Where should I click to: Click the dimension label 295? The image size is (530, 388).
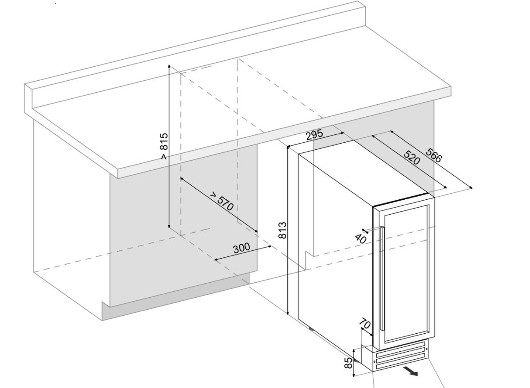pos(315,135)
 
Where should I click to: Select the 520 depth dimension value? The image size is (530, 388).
pos(411,158)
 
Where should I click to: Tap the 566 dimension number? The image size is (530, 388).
pos(434,156)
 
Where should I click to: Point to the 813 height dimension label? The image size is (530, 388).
pos(282,230)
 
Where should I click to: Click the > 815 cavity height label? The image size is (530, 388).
pos(163,146)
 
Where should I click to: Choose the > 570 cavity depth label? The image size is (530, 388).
pos(221,201)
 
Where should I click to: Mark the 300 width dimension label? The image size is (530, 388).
pos(241,248)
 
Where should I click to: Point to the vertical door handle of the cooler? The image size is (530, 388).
pos(381,278)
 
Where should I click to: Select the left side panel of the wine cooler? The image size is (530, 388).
pos(334,255)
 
